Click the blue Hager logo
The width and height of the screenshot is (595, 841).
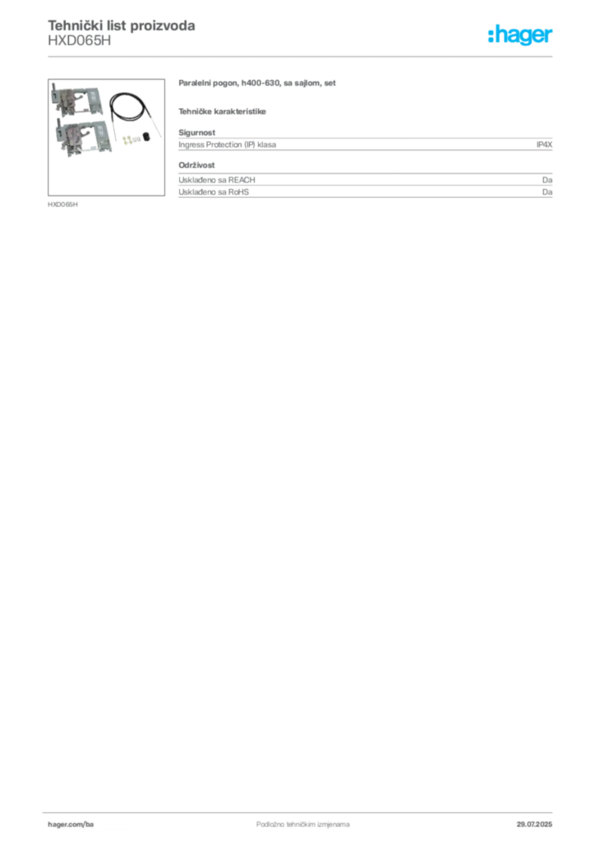point(522,35)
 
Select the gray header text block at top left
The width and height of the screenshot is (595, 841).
point(122,33)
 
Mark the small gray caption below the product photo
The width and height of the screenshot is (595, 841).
point(62,204)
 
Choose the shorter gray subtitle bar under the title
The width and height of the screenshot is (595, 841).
point(224,109)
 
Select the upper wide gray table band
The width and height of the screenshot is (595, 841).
point(366,145)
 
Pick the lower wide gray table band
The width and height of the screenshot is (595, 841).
point(366,189)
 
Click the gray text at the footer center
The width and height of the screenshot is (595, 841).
point(292,820)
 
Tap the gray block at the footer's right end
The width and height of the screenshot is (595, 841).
point(539,820)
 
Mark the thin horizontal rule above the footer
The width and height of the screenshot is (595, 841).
point(302,809)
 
